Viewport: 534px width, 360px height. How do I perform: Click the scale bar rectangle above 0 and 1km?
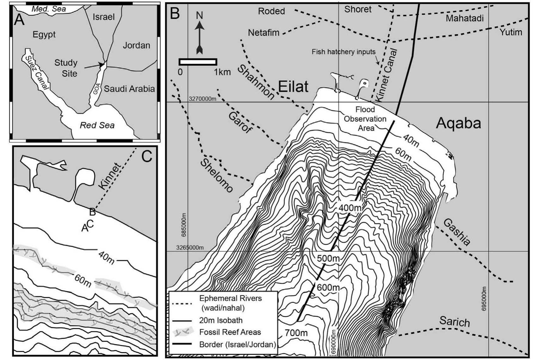tap(198, 62)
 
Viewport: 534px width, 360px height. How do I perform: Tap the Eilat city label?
tap(293, 87)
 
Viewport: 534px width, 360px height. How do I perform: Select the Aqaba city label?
tap(458, 123)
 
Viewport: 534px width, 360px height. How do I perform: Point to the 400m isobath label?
tap(350, 208)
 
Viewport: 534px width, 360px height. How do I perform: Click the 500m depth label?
tap(328, 258)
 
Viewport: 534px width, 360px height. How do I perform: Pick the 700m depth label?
tap(296, 333)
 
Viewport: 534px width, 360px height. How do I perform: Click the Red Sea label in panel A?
tap(97, 125)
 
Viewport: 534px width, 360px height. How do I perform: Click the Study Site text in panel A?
tap(66, 68)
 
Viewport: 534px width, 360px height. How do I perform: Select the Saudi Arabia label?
tap(129, 89)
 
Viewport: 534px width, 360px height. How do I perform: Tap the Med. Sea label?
tap(49, 9)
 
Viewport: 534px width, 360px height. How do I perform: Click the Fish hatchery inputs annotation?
tap(343, 52)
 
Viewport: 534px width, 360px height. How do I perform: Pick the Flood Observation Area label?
tap(365, 119)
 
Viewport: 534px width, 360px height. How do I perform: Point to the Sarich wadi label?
tap(454, 321)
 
